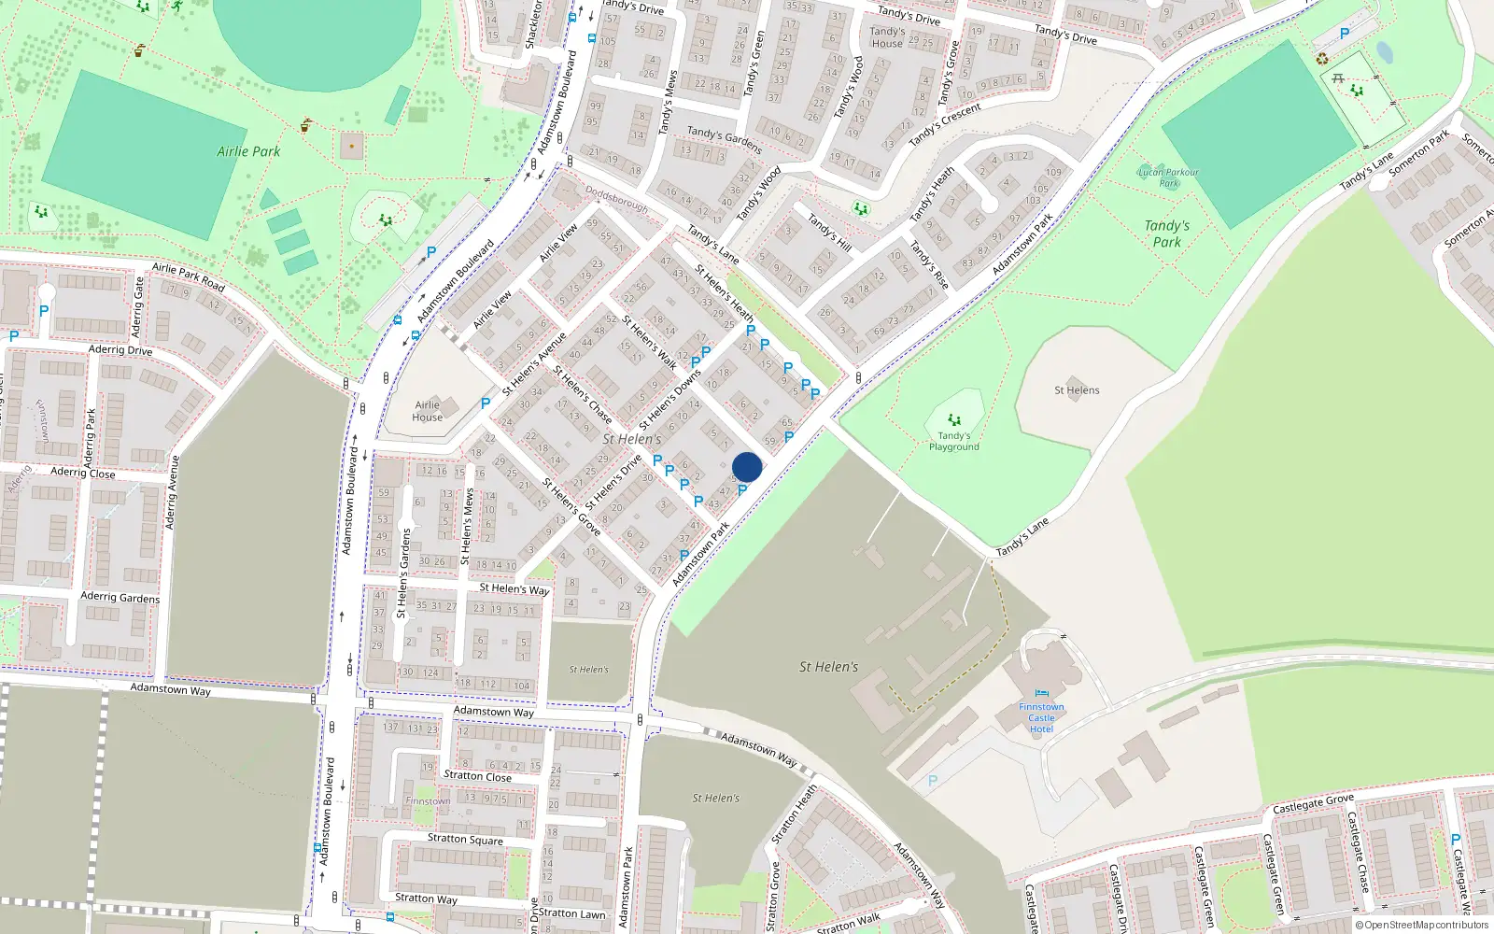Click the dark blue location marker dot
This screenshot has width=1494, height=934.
[x=747, y=467]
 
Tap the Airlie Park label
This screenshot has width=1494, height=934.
[x=248, y=151]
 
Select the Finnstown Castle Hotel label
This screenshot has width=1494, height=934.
[x=1041, y=718]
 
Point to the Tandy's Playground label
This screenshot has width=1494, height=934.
[x=953, y=441]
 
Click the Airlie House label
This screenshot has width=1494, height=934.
[x=428, y=411]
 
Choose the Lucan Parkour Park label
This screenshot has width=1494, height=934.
[x=1168, y=177]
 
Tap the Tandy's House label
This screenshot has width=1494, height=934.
[x=886, y=37]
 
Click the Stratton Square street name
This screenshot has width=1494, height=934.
[x=465, y=839]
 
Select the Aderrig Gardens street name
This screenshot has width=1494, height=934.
[x=120, y=597]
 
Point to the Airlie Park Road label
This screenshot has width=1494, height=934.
[x=189, y=276]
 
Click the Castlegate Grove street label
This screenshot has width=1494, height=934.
[x=1313, y=803]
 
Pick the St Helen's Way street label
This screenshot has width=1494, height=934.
[x=514, y=589]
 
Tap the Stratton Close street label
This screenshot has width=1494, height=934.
[x=477, y=776]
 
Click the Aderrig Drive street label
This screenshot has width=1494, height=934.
[x=120, y=350]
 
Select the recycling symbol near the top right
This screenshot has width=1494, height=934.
[x=1322, y=59]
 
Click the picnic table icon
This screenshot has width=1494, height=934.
[x=1338, y=79]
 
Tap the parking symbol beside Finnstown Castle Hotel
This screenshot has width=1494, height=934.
[x=932, y=781]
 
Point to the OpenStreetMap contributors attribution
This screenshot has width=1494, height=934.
[x=1422, y=926]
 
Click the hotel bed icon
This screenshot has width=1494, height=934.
[x=1042, y=693]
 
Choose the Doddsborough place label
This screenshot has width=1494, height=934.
[x=616, y=199]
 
